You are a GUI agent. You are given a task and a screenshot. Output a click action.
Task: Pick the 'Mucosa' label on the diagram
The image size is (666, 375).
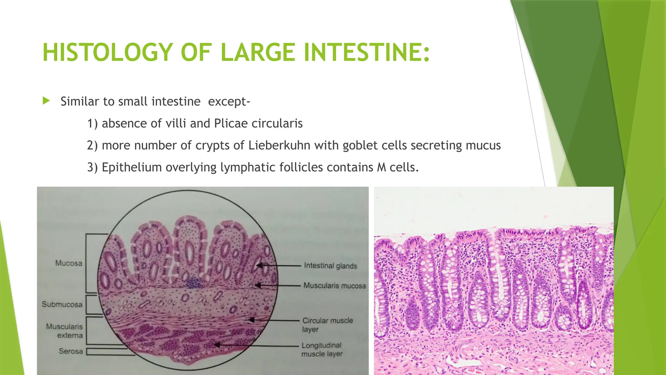[x=69, y=263]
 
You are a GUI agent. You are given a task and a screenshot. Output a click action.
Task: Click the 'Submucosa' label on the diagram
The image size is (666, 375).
[x=62, y=304]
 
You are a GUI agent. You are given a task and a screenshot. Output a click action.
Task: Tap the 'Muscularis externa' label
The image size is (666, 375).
[x=65, y=331]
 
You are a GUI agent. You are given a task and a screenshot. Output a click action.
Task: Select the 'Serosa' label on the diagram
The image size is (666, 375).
[x=71, y=351]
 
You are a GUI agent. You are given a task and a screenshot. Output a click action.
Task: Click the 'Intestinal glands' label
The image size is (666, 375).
[x=330, y=266]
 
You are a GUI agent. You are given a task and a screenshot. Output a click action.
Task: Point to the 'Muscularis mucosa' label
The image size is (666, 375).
[x=335, y=286]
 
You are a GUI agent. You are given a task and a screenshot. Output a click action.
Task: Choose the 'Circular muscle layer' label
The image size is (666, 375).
[x=327, y=325]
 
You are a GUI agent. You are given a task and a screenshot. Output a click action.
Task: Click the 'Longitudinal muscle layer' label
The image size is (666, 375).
[x=322, y=349]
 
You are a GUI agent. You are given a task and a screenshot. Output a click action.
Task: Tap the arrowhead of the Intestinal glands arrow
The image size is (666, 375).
[x=259, y=266]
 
